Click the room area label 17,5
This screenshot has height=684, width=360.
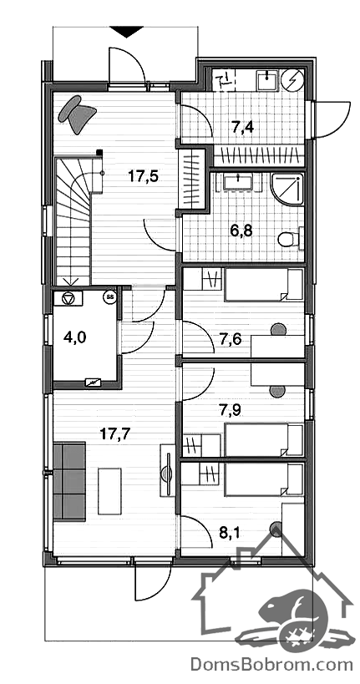point(143,176)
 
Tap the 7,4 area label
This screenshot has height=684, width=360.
point(243,127)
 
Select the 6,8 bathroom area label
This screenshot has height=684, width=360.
point(242,230)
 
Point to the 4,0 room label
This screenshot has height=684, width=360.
point(75,337)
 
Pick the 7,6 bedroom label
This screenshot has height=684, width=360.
point(229,338)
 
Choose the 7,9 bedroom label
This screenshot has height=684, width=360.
point(230,409)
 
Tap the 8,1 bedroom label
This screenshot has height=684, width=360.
point(229,532)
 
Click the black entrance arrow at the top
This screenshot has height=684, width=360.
point(127,32)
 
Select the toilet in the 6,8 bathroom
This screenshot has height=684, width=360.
point(289,238)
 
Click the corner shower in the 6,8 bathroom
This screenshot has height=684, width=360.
point(286,189)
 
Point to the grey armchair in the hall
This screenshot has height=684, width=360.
point(76,114)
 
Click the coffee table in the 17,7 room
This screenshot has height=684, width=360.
point(109,491)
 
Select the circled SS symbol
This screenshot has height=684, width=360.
point(109,297)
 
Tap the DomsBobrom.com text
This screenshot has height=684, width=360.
point(271,665)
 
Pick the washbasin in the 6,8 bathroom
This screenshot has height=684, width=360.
point(237,182)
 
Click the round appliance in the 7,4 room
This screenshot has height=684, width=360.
point(292,80)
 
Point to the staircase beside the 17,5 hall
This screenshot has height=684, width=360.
point(73,221)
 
